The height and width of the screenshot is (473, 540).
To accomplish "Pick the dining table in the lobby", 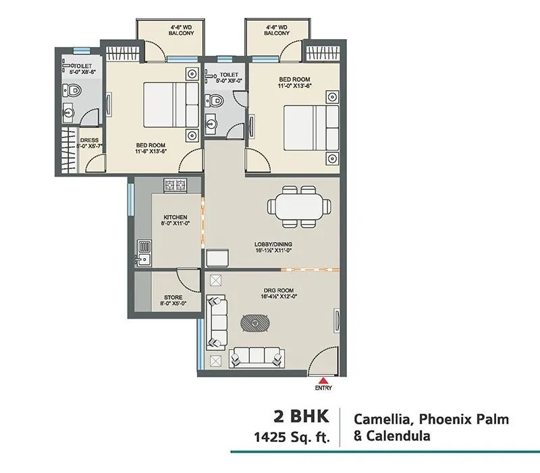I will pos(298,205).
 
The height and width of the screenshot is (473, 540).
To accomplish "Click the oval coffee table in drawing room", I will pos(256,324).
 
